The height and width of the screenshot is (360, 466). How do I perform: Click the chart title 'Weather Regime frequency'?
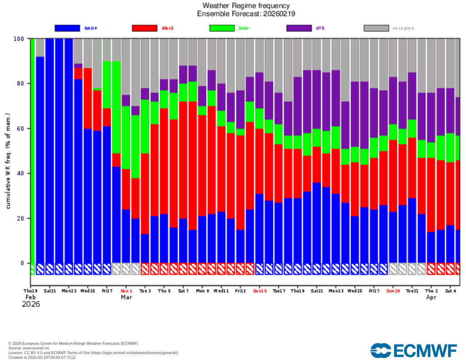click(246, 6)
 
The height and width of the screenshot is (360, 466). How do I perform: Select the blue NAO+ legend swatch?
click(67, 28)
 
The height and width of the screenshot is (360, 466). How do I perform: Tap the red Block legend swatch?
click(145, 28)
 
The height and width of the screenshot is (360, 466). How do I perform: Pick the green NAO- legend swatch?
click(222, 28)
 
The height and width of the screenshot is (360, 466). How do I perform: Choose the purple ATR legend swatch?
click(299, 28)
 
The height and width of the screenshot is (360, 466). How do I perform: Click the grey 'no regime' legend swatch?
click(376, 28)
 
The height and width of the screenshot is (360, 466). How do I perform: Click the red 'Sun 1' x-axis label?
click(126, 290)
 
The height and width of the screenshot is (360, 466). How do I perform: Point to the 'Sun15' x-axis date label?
click(260, 290)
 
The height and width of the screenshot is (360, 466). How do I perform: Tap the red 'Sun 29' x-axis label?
click(393, 290)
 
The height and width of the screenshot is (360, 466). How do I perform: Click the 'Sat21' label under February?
click(50, 290)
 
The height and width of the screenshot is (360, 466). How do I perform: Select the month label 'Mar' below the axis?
click(126, 297)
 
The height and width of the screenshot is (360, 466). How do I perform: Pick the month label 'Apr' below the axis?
click(431, 297)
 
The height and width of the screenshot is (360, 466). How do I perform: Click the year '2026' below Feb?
click(31, 304)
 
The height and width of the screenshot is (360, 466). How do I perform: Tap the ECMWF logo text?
click(414, 350)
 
